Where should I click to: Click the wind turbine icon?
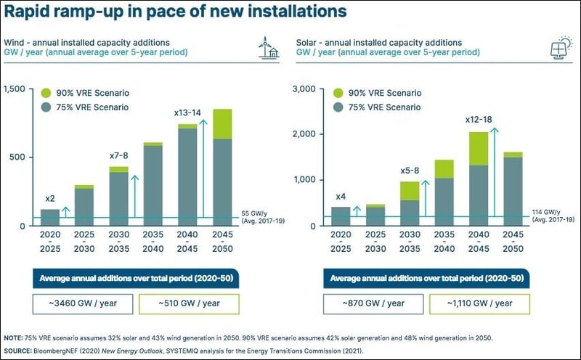[x=267, y=47]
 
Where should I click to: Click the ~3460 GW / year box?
[x=73, y=303]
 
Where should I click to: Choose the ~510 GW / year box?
[x=191, y=303]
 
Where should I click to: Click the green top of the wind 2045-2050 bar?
[x=222, y=123]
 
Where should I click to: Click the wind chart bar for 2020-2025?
[x=49, y=217]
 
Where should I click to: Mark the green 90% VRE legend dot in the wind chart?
[x=45, y=93]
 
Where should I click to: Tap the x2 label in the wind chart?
[x=49, y=199]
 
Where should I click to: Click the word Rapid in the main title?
[x=28, y=12]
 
